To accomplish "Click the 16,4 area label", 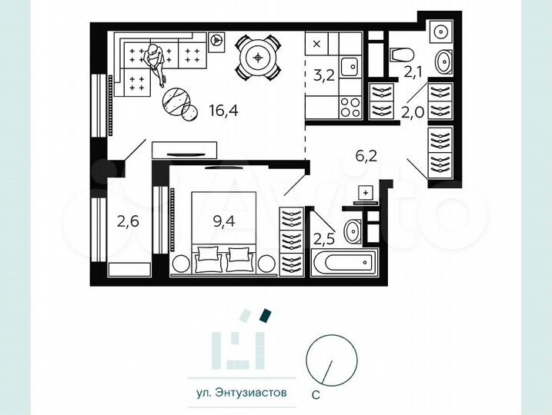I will pyautogui.click(x=223, y=111).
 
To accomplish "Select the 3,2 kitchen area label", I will pyautogui.click(x=323, y=75).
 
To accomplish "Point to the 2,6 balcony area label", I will pyautogui.click(x=128, y=223).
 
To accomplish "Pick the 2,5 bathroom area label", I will pyautogui.click(x=323, y=237).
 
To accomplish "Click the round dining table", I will pyautogui.click(x=258, y=56).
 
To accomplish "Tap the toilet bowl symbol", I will pyautogui.click(x=401, y=54).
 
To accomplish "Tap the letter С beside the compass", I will pyautogui.click(x=316, y=397).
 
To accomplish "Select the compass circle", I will pyautogui.click(x=333, y=359).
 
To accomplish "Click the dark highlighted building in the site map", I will pyautogui.click(x=265, y=314).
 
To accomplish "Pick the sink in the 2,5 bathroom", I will pyautogui.click(x=353, y=229).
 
